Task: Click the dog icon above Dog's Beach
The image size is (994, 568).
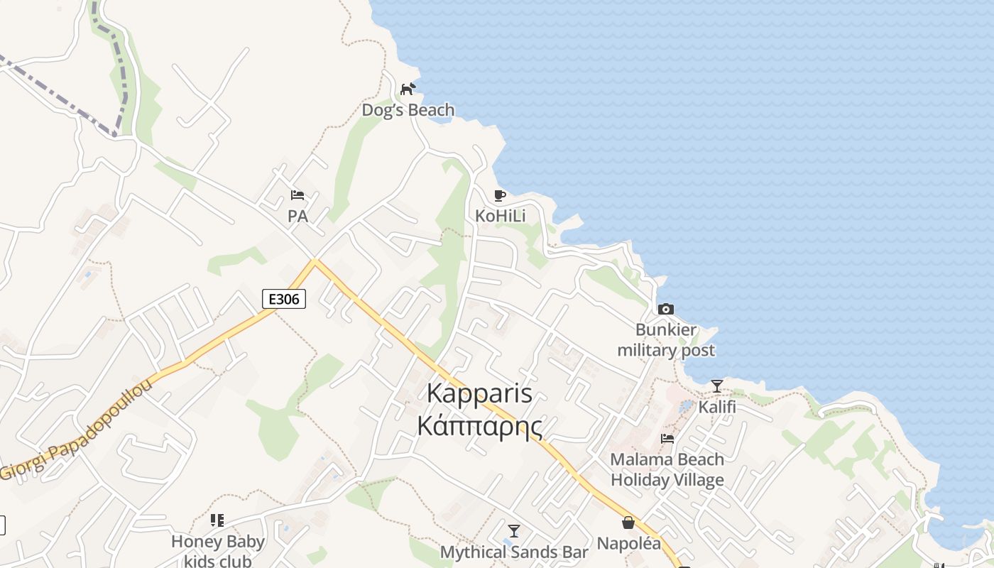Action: (x=408, y=89)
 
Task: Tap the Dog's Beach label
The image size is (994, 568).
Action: (x=408, y=110)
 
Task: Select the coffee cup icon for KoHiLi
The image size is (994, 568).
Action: (x=500, y=195)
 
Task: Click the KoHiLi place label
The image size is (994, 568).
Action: (x=501, y=216)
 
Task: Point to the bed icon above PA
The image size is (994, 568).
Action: (x=297, y=195)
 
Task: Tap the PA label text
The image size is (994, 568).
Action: (x=298, y=216)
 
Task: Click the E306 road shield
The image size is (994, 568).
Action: (x=284, y=299)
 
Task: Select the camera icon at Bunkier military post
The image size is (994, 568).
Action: (x=665, y=309)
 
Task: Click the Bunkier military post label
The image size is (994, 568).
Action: (x=666, y=340)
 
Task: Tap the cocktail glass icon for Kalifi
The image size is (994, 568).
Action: (x=717, y=386)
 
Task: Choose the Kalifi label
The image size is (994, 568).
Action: (x=717, y=407)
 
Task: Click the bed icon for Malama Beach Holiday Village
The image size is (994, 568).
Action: (x=667, y=438)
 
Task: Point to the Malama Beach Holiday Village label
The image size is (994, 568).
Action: (x=667, y=469)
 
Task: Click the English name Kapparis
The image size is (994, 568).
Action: (x=480, y=393)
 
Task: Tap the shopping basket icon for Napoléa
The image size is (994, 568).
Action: (x=628, y=523)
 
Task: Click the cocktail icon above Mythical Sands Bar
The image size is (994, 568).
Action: (x=514, y=531)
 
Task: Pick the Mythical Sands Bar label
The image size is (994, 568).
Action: (x=514, y=552)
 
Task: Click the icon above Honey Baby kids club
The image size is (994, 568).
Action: (x=217, y=520)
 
